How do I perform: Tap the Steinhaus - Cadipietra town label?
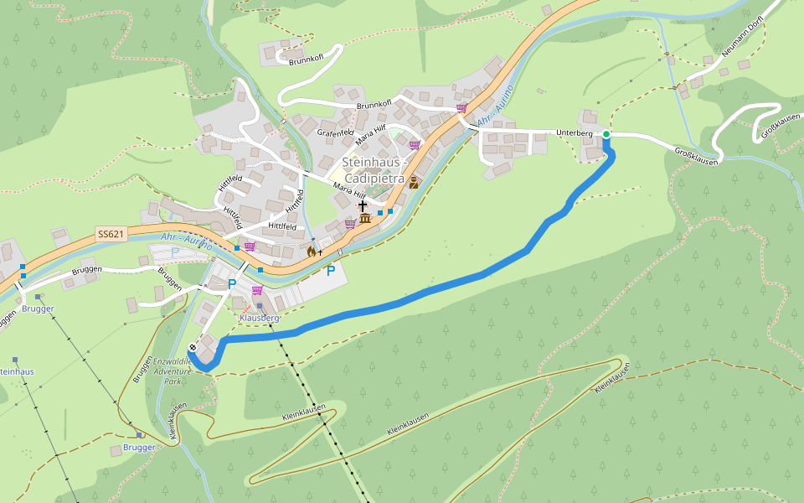pyautogui.click(x=374, y=170)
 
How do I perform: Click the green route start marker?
pyautogui.click(x=606, y=134)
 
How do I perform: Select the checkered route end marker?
pyautogui.click(x=193, y=347)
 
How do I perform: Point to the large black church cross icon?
pyautogui.click(x=363, y=206)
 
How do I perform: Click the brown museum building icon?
pyautogui.click(x=365, y=220)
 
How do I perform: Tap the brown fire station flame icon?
pyautogui.click(x=312, y=251)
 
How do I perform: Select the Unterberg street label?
pyautogui.click(x=575, y=133)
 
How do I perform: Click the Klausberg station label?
pyautogui.click(x=259, y=319)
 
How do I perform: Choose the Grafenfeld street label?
pyautogui.click(x=335, y=132)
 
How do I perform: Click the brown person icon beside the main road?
pyautogui.click(x=414, y=182)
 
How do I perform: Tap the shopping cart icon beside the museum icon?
pyautogui.click(x=350, y=224)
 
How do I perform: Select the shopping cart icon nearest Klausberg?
pyautogui.click(x=256, y=290)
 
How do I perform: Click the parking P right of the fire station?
pyautogui.click(x=331, y=271)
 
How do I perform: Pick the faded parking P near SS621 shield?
pyautogui.click(x=175, y=252)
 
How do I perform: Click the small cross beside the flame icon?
pyautogui.click(x=320, y=252)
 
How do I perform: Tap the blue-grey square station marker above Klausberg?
pyautogui.click(x=260, y=306)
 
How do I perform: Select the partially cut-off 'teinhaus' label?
pyautogui.click(x=17, y=371)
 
